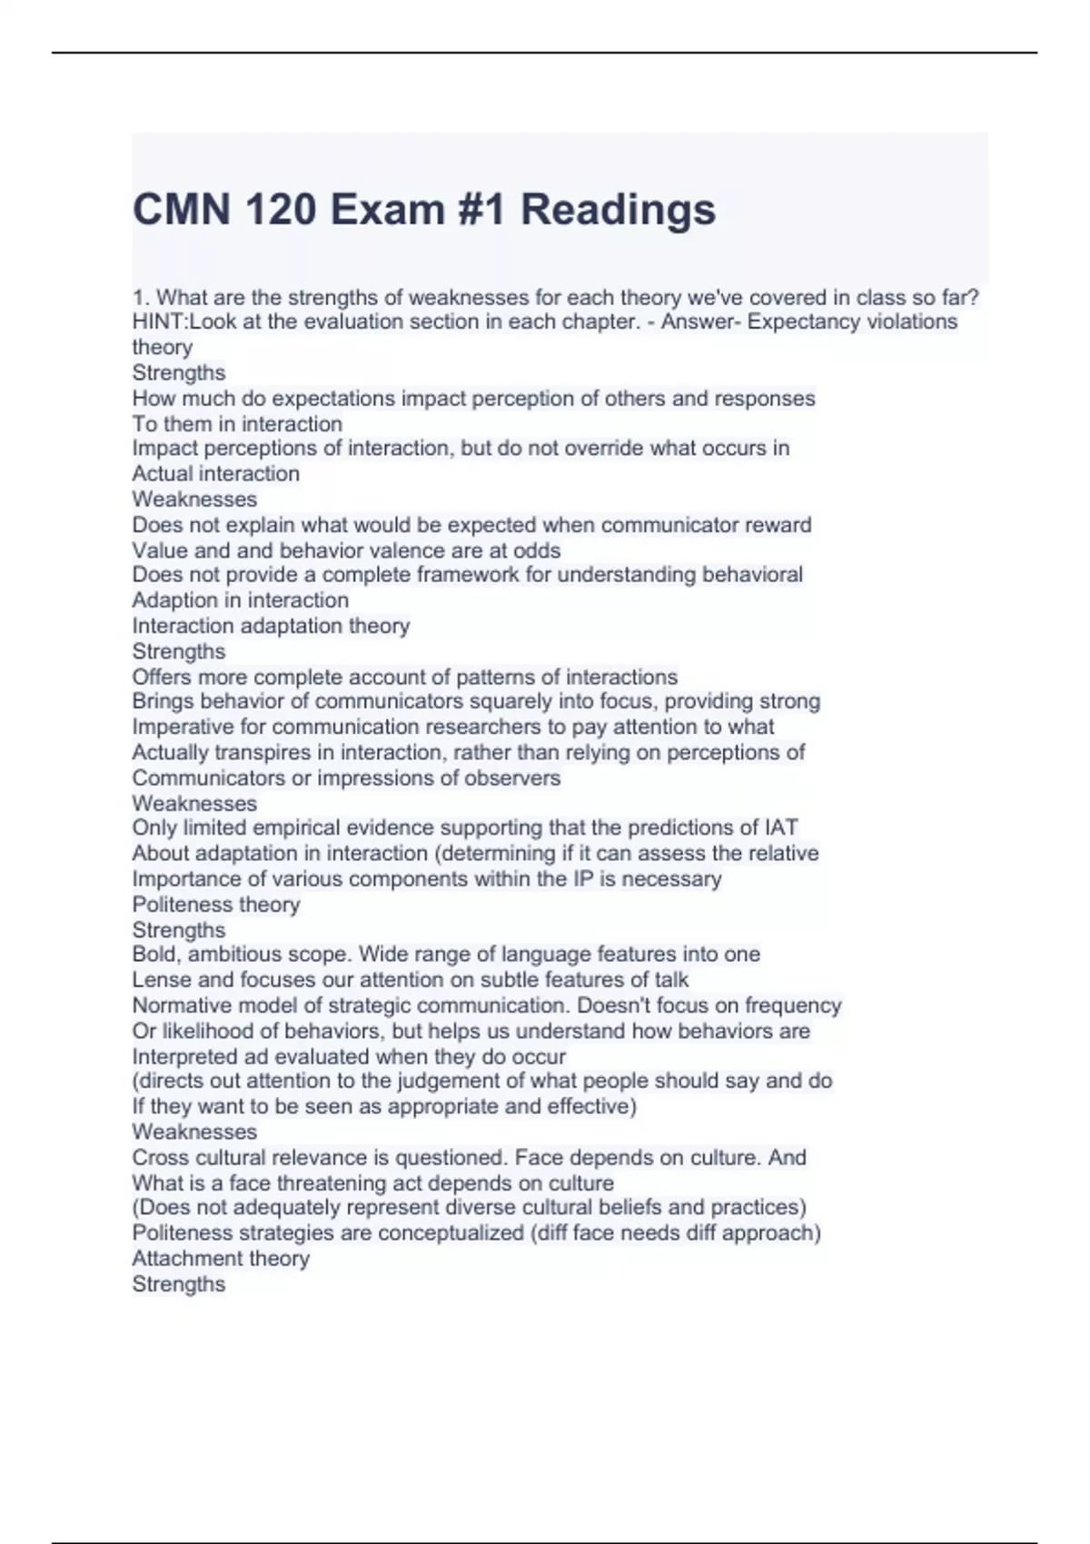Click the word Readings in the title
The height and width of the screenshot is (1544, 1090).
click(618, 210)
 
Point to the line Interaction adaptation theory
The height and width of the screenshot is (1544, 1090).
click(271, 626)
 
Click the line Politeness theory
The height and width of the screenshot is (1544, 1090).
click(215, 905)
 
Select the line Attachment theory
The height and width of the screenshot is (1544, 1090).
click(221, 1259)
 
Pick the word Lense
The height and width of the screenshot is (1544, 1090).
click(162, 980)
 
